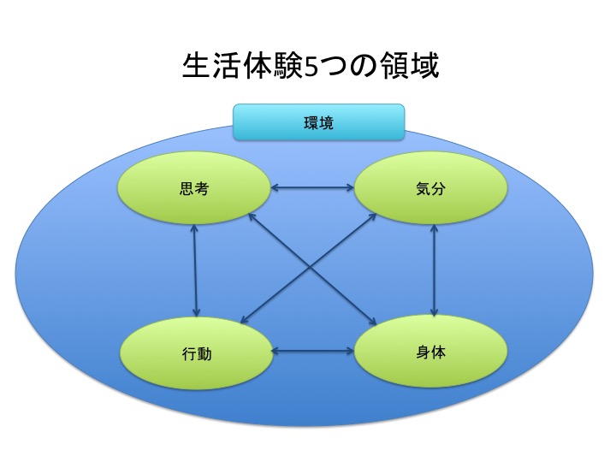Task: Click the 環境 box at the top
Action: coord(318,122)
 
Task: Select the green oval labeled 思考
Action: coord(194,188)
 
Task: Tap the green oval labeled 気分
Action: coord(430,188)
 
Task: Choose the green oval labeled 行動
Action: coord(196,353)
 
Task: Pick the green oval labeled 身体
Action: coord(430,352)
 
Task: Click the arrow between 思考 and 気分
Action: coord(312,187)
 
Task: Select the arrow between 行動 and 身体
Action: coord(313,352)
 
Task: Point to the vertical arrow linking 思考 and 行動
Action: coord(195,270)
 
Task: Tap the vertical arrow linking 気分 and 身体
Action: coord(434,269)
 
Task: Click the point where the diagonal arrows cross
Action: coord(310,269)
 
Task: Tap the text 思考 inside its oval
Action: coord(194,188)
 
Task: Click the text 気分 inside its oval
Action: coord(430,189)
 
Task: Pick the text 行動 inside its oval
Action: coord(197,354)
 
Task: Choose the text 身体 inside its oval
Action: coord(430,352)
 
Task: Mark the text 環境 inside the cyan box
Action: coord(318,123)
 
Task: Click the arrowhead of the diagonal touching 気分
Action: coord(372,216)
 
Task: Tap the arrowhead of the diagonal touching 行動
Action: coord(245,320)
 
